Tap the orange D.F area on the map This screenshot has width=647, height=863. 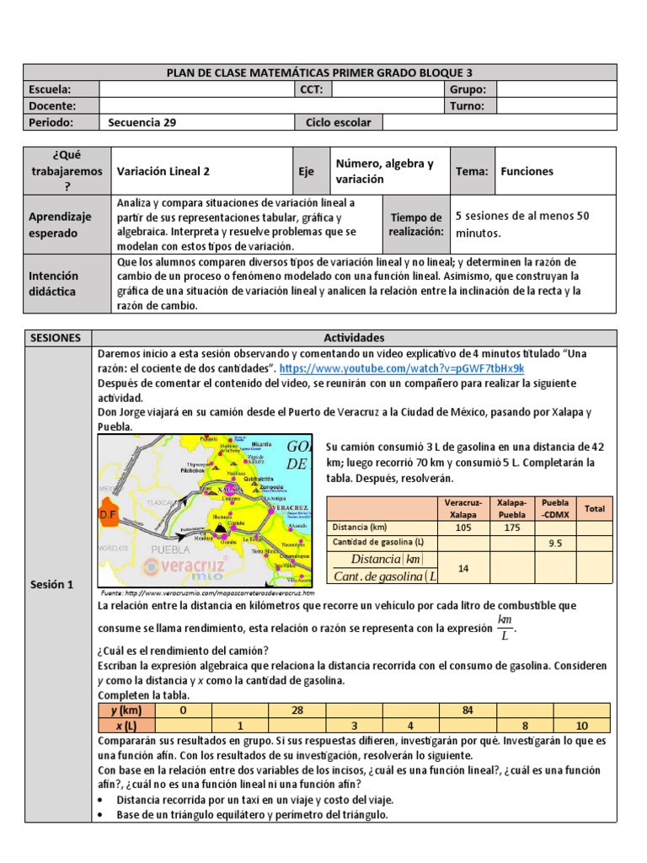109,514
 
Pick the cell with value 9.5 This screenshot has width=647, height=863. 555,544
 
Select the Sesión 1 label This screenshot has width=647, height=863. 52,584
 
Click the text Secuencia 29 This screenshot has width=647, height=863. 142,122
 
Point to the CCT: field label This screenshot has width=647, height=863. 312,89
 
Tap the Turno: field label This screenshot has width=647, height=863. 467,106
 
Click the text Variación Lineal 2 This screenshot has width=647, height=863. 163,171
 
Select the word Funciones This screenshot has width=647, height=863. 527,171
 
